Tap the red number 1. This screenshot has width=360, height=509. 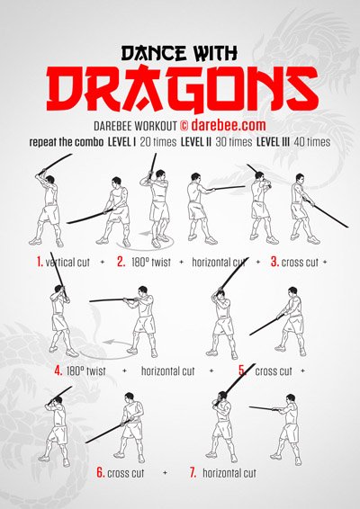click(x=40, y=262)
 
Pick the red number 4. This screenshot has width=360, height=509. click(x=58, y=370)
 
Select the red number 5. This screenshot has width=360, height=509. click(x=242, y=370)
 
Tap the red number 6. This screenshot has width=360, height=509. click(x=101, y=472)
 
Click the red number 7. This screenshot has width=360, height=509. click(x=192, y=472)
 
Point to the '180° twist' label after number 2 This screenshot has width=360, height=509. click(x=152, y=262)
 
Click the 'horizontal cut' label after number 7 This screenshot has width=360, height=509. click(x=229, y=472)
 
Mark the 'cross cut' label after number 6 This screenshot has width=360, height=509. click(x=129, y=472)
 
